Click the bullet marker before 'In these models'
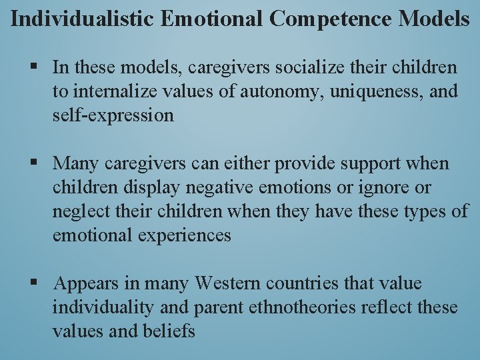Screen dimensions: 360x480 click(x=33, y=67)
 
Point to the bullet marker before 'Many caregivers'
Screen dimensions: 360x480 click(x=33, y=163)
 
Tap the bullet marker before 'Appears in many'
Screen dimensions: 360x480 click(x=33, y=283)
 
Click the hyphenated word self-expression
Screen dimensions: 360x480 click(x=113, y=115)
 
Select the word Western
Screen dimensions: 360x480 click(x=228, y=283)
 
